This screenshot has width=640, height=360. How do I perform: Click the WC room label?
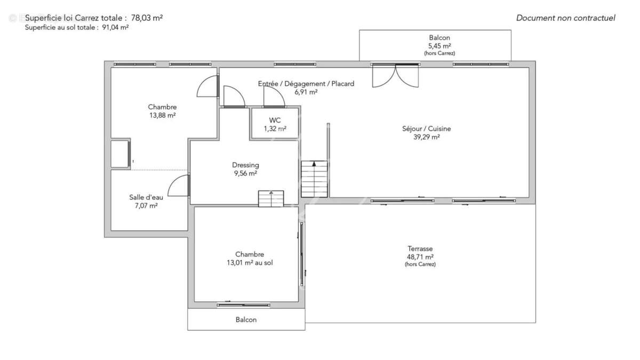(275, 120)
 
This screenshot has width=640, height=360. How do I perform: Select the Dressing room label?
(245, 165)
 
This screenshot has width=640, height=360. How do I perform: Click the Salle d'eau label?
(146, 197)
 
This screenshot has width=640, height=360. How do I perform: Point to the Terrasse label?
(420, 249)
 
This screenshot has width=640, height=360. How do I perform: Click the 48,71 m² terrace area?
(420, 257)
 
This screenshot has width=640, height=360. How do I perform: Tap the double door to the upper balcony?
(395, 75)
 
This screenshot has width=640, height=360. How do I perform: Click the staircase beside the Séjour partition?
(314, 179)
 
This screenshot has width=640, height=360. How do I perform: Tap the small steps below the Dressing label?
(271, 198)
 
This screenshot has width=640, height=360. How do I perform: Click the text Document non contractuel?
(565, 18)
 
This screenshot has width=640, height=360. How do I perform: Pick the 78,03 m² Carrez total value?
(147, 18)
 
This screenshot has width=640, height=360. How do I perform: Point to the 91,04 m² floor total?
(115, 27)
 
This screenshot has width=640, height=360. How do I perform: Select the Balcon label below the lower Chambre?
(246, 319)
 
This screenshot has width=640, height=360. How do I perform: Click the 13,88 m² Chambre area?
(162, 115)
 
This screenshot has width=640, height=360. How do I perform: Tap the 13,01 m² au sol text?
(250, 262)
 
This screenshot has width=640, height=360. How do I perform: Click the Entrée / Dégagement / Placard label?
(306, 84)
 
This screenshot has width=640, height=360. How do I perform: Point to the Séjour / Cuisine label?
(426, 129)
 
